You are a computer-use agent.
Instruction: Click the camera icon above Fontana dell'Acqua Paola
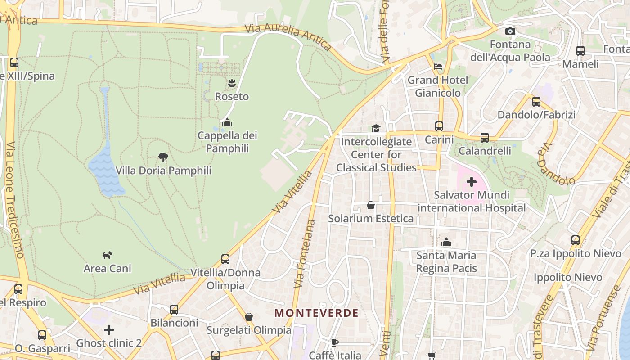[x=510, y=31]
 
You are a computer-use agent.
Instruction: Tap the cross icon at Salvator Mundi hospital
[x=471, y=182]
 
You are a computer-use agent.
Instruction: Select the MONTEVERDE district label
[x=316, y=313]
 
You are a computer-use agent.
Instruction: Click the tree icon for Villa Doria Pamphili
[x=163, y=157]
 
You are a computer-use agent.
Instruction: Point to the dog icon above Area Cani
[x=107, y=255]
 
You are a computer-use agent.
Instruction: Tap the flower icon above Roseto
[x=232, y=83]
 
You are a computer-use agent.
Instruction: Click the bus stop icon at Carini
[x=439, y=126]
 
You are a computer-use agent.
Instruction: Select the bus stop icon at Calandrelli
[x=485, y=137]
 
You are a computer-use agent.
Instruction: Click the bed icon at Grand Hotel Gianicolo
[x=438, y=67]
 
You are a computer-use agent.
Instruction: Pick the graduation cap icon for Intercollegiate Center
[x=376, y=128]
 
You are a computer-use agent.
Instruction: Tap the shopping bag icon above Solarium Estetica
[x=370, y=205]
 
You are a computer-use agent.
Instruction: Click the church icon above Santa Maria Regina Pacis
[x=446, y=242]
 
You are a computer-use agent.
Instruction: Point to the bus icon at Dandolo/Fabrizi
[x=536, y=102]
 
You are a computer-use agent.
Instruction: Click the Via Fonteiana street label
[x=305, y=254]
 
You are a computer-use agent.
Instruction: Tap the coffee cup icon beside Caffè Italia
[x=334, y=342]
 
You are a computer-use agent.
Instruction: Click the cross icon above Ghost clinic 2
[x=108, y=330]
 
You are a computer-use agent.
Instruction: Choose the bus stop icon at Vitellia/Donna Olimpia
[x=225, y=259]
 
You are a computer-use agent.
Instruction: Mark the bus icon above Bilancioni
[x=174, y=310]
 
